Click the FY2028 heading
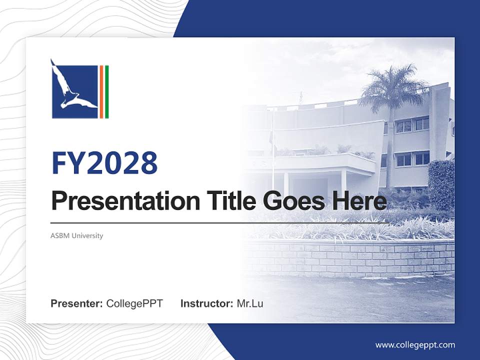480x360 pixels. coord(104,163)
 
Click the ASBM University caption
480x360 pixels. coord(76,235)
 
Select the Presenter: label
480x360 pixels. coord(77,303)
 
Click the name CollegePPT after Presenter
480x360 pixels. coord(134,303)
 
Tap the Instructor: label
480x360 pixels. coord(206,303)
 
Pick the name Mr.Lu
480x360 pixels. coord(250,303)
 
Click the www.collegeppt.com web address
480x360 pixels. coord(415,344)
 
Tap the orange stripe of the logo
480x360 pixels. coord(101,92)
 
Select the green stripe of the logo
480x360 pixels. coord(106,92)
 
